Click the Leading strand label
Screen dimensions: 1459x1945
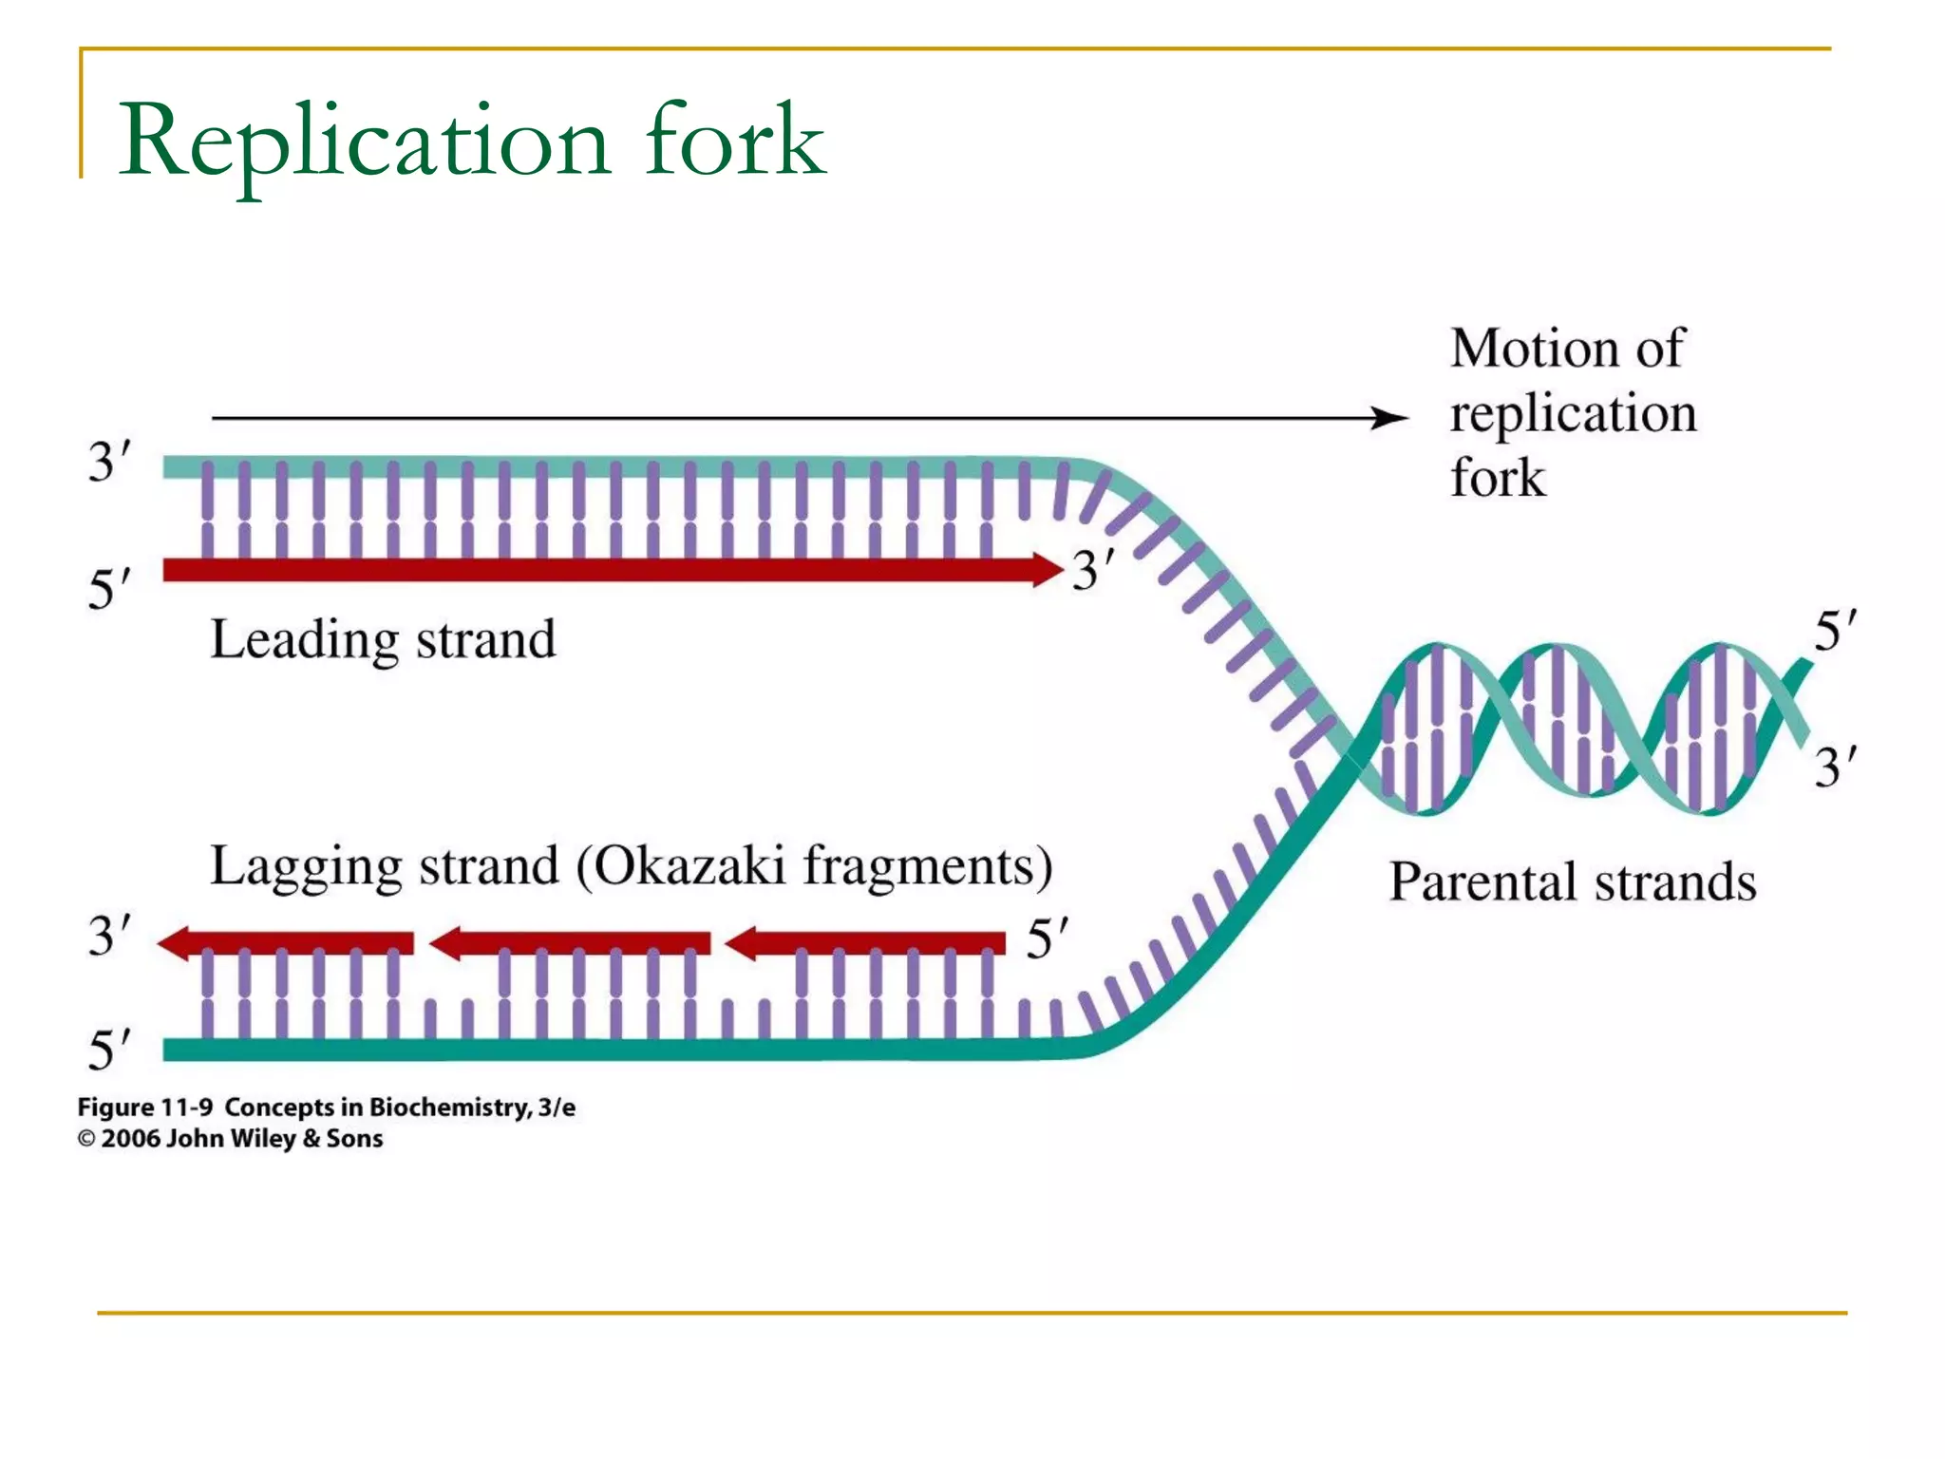pos(383,639)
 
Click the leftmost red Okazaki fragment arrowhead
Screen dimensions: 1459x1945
pos(177,943)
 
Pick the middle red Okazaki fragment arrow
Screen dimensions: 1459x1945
pos(570,943)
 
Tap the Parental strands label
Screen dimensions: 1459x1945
pos(1573,881)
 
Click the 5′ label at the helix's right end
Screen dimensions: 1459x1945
pos(1835,631)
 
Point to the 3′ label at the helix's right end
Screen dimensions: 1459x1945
pos(1835,767)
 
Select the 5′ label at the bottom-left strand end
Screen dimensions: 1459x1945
pos(109,1050)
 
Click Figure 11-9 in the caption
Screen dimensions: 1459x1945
pos(144,1108)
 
